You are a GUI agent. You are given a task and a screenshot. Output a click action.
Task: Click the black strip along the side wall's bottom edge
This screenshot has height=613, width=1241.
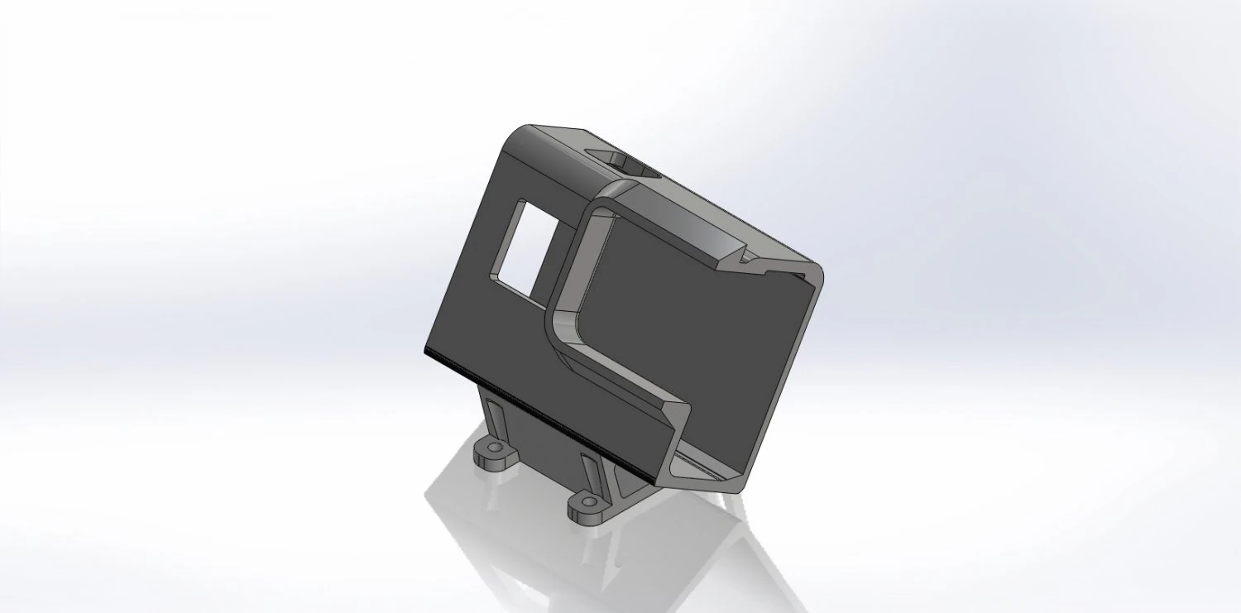point(538,414)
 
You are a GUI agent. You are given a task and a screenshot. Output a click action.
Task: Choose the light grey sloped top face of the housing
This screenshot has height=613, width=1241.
point(703,223)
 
